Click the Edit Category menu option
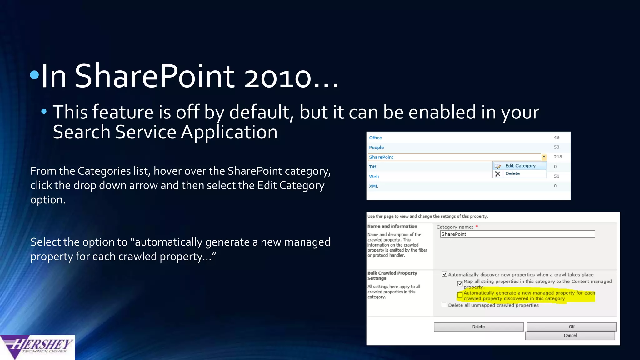[x=520, y=166]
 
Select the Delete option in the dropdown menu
[x=512, y=173]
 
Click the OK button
[x=571, y=327]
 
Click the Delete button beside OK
[x=478, y=327]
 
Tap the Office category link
[x=375, y=138]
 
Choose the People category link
[x=376, y=147]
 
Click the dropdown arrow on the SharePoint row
[x=544, y=157]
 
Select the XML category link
[x=373, y=186]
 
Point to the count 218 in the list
[x=558, y=157]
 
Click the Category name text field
[x=517, y=234]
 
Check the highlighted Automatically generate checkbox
[x=460, y=295]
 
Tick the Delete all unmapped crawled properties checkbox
[x=444, y=305]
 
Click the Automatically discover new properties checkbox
[x=444, y=274]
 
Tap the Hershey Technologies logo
[x=37, y=347]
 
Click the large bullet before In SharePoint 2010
[x=34, y=75]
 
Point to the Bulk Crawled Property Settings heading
[x=392, y=276]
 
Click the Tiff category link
[x=372, y=167]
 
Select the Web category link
[x=374, y=177]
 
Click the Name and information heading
[x=392, y=226]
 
